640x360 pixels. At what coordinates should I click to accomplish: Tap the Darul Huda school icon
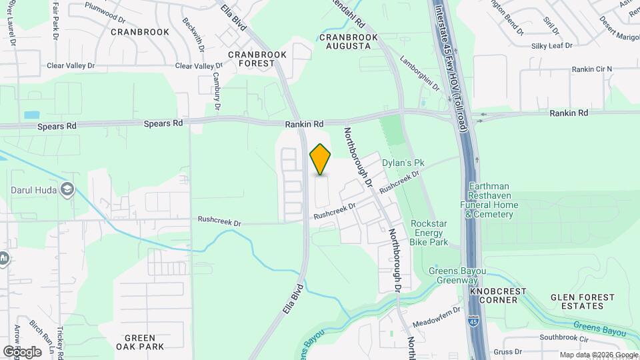(67, 190)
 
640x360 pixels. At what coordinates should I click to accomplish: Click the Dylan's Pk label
(403, 162)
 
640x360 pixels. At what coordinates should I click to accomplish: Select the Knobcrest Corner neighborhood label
(498, 296)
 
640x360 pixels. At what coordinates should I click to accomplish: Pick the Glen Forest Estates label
(577, 301)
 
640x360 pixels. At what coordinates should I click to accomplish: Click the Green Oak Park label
(140, 342)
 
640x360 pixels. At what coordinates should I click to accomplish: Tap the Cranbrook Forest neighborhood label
(257, 59)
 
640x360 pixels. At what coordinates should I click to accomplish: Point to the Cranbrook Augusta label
(345, 41)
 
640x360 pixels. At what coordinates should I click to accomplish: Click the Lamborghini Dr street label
(420, 73)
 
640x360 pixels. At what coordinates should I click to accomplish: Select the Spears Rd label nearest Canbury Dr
(164, 123)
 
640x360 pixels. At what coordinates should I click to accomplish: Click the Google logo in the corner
(22, 351)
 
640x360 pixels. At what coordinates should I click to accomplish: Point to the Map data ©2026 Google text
(598, 355)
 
